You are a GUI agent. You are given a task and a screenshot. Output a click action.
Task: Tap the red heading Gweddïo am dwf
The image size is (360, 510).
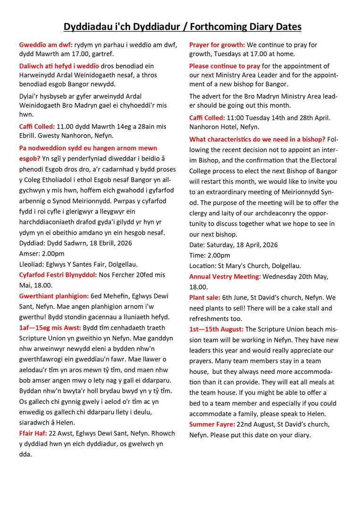coord(46,45)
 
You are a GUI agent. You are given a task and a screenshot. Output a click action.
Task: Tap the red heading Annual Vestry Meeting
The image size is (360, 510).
coord(224,277)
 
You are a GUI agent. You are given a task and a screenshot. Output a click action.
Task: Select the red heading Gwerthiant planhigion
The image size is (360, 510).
coord(54,296)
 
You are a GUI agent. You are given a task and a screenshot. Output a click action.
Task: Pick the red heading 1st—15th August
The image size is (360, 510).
coord(217,329)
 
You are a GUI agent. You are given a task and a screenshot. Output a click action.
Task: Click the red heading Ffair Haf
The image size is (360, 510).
coord(33,433)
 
